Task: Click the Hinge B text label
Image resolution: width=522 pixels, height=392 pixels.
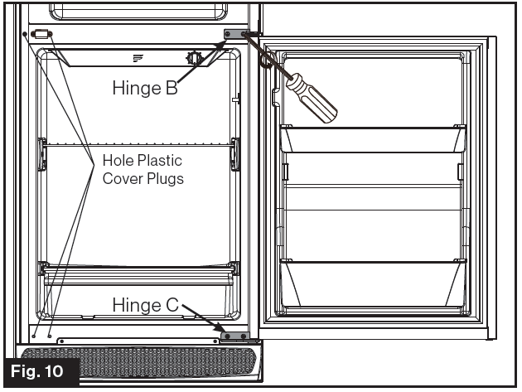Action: pyautogui.click(x=145, y=89)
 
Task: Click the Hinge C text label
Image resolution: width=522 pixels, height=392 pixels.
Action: pyautogui.click(x=144, y=305)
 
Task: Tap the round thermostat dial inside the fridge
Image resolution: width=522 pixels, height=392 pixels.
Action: pyautogui.click(x=195, y=58)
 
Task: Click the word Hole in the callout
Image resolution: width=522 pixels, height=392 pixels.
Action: pyautogui.click(x=118, y=160)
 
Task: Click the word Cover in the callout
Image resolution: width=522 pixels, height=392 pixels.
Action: pyautogui.click(x=122, y=178)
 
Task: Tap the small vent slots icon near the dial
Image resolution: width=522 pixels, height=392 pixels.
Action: pyautogui.click(x=138, y=57)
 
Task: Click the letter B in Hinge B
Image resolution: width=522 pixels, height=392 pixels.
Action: pyautogui.click(x=172, y=89)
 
